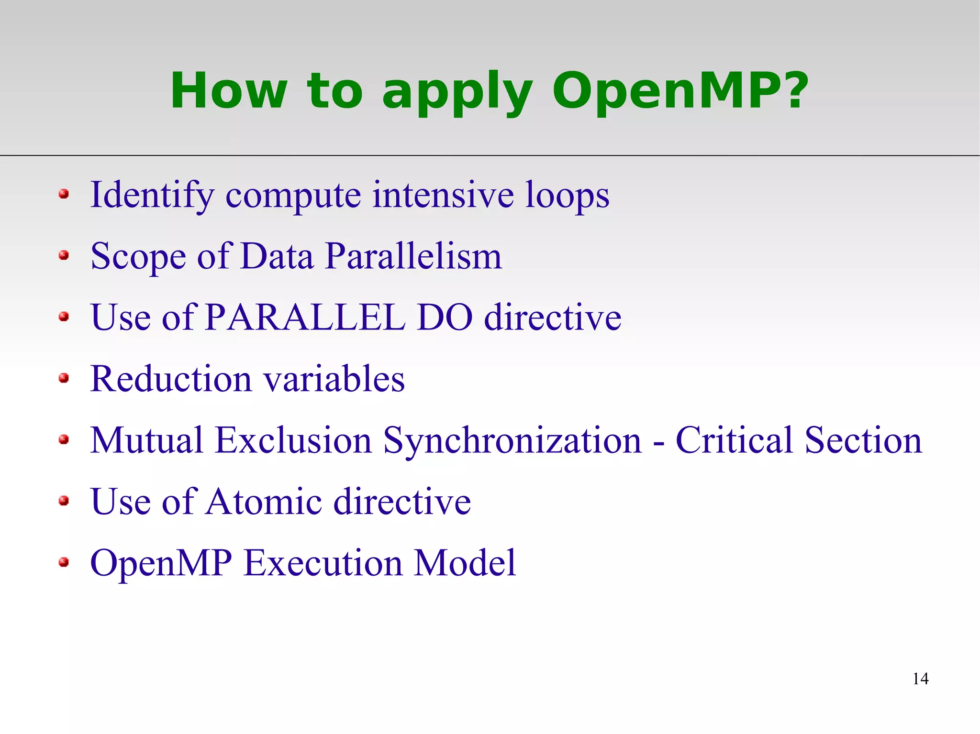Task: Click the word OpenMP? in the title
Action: click(x=679, y=91)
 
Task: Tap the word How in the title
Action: click(x=229, y=91)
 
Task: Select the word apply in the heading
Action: click(x=457, y=93)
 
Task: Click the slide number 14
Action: click(x=920, y=679)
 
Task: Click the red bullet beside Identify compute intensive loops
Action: click(x=64, y=194)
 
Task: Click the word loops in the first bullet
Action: click(x=567, y=196)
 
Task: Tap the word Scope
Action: click(x=138, y=257)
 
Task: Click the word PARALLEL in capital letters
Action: click(x=305, y=318)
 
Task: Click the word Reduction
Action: click(x=171, y=379)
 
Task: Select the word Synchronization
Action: click(x=512, y=441)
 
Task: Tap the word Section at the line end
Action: click(x=863, y=440)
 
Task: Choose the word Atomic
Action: click(x=264, y=502)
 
